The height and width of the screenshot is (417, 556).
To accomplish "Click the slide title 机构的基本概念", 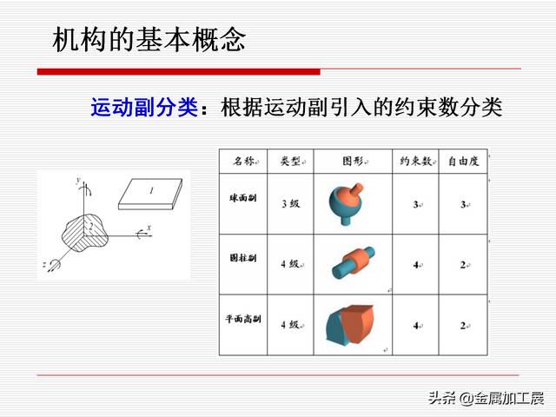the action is (x=149, y=39).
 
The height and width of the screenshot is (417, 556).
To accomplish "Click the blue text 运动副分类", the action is (x=144, y=107).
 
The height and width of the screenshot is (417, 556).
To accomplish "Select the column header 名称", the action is (x=244, y=162).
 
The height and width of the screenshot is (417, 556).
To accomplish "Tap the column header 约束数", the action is (x=414, y=162).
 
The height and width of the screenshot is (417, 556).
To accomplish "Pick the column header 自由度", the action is (x=463, y=162).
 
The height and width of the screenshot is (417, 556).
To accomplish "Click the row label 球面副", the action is (x=243, y=197).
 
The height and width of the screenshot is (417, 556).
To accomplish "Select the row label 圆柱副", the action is (x=243, y=258).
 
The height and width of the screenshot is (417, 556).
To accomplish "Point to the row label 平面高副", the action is (x=243, y=319).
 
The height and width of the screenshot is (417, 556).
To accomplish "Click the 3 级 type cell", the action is (x=291, y=204).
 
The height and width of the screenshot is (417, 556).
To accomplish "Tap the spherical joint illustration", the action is (x=346, y=203).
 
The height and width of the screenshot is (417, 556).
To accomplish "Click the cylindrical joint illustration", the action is (x=354, y=262).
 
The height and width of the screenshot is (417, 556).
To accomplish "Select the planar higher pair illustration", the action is (x=350, y=324).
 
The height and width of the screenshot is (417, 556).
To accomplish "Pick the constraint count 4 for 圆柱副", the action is (x=416, y=265).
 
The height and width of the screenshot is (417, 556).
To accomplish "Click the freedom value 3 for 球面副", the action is (x=463, y=204).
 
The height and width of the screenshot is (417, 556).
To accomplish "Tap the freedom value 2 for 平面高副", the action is (x=463, y=325).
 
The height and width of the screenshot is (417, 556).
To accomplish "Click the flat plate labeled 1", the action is (x=150, y=194).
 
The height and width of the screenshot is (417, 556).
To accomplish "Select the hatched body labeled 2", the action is (x=84, y=234).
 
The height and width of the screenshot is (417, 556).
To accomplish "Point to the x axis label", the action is (x=149, y=228).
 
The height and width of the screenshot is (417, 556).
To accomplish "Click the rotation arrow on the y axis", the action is (x=87, y=189).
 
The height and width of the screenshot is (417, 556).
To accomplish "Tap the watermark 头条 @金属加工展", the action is (x=486, y=399).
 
